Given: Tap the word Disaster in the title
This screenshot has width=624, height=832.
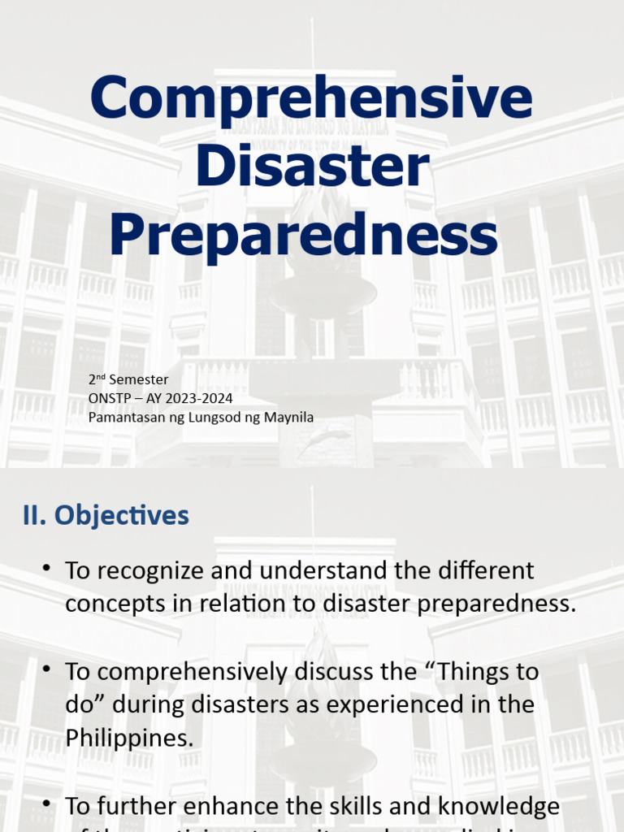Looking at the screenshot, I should click(x=311, y=167).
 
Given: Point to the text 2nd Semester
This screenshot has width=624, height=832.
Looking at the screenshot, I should click(x=128, y=379).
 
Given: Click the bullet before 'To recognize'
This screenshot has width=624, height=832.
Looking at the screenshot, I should click(x=48, y=568).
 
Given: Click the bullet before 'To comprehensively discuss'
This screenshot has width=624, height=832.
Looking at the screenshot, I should click(x=48, y=669).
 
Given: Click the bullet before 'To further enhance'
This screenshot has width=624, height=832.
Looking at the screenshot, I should click(x=48, y=804).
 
